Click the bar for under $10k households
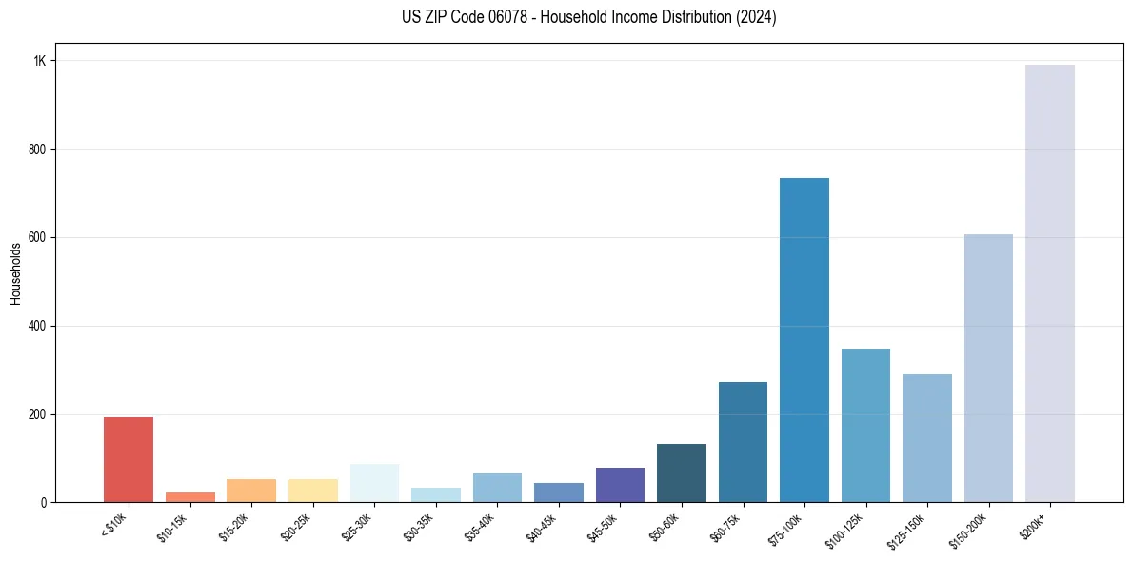click(129, 460)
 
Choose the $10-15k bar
click(190, 497)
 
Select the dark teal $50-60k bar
click(682, 473)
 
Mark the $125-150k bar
click(927, 438)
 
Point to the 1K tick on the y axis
click(39, 61)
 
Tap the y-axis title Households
click(15, 273)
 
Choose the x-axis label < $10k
click(113, 528)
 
